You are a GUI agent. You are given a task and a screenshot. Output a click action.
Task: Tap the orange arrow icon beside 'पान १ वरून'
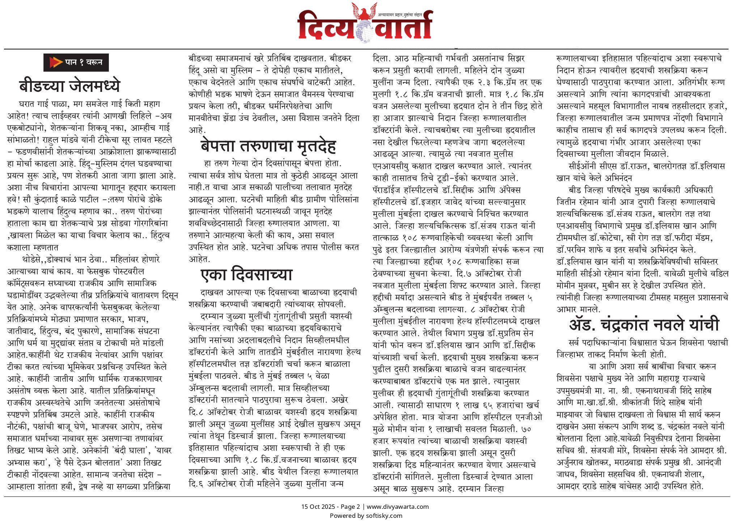click(x=55, y=62)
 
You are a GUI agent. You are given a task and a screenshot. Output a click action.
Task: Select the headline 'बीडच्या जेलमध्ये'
click(x=69, y=86)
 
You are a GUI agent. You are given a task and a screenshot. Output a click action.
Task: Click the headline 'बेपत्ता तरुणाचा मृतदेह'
click(x=268, y=146)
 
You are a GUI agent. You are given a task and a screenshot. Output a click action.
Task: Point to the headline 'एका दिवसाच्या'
click(x=246, y=274)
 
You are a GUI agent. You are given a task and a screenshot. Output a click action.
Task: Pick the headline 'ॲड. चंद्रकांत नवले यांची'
click(x=644, y=324)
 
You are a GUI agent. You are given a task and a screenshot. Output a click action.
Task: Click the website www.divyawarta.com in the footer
click(x=398, y=507)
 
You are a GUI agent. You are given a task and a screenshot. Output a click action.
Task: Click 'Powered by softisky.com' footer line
click(x=366, y=516)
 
